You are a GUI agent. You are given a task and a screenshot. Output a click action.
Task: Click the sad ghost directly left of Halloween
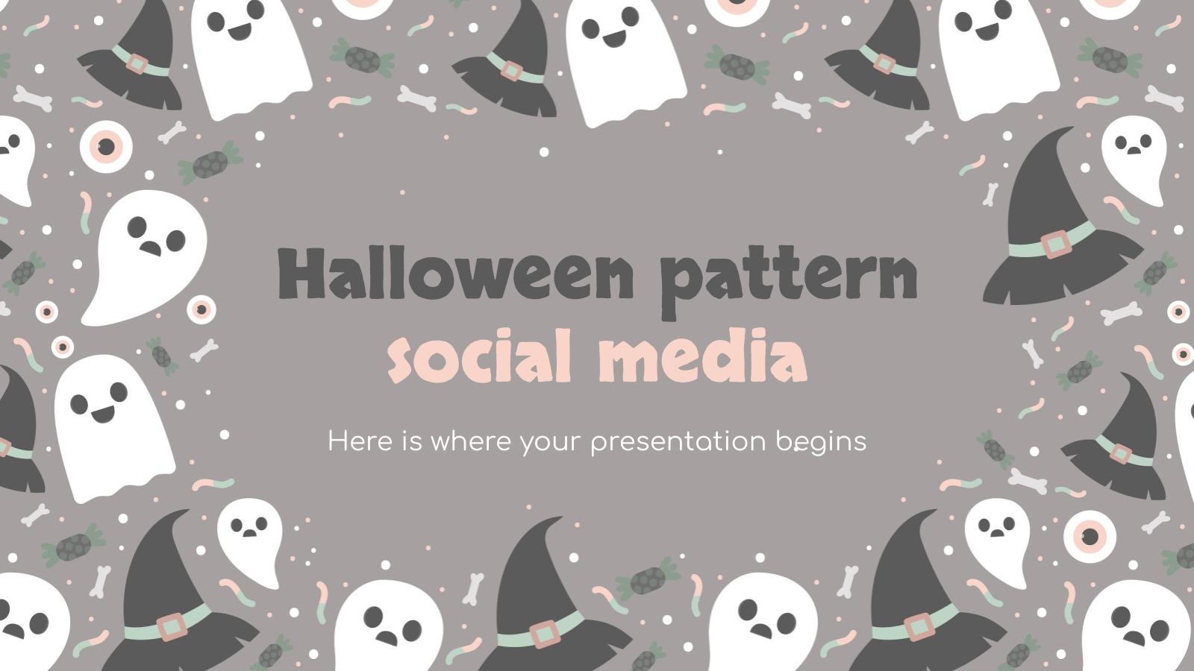(x=146, y=253)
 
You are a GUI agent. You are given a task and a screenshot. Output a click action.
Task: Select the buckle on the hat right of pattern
(x=1054, y=243)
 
